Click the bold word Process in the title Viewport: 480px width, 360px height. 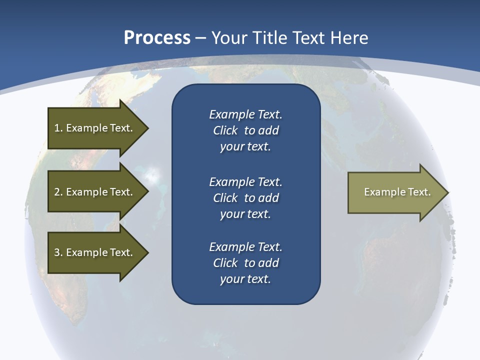pos(157,38)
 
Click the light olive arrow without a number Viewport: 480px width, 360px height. pos(395,192)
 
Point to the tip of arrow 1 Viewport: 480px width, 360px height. pos(147,128)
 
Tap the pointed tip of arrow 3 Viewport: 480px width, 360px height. pos(147,252)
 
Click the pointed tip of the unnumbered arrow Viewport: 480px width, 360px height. pos(448,192)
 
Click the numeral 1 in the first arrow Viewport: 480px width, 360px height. pos(56,128)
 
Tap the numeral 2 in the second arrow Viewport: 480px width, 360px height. pos(57,192)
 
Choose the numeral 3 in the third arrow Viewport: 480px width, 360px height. pos(57,252)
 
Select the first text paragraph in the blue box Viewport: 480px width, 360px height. pos(245,130)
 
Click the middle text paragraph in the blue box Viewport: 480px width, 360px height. pos(245,198)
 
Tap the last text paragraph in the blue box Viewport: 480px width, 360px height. pos(245,263)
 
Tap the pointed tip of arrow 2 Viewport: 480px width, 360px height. pos(147,192)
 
